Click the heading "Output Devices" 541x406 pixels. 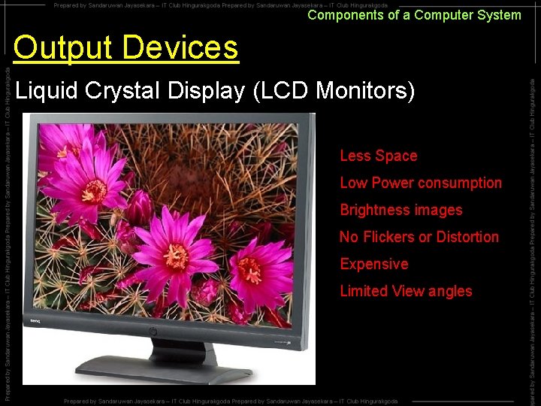pos(125,48)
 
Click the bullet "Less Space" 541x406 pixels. pos(378,156)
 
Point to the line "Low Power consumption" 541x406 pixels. pos(421,183)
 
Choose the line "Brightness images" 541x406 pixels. pos(401,210)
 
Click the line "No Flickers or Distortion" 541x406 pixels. pos(419,237)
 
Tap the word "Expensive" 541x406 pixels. pos(374,264)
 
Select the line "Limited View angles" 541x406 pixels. pos(406,291)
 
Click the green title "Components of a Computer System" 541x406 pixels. pos(414,15)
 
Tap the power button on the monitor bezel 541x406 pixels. pos(153,331)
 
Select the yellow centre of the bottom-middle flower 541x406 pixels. pos(176,256)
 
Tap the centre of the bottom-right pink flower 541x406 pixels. pos(250,270)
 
